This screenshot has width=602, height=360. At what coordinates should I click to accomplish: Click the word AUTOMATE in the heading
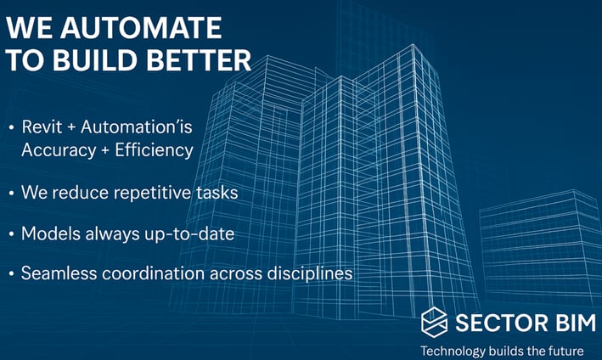(141, 28)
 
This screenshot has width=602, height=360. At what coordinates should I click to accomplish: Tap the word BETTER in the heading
(199, 60)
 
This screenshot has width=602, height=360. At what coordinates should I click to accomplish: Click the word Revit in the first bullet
(42, 127)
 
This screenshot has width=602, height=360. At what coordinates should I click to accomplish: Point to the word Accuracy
(59, 150)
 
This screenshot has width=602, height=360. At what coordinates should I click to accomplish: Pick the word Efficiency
(154, 150)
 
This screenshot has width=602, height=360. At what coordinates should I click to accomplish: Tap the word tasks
(217, 192)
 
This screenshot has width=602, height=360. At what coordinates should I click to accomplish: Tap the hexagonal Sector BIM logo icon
(434, 322)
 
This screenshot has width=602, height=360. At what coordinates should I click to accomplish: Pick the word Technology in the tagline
(453, 352)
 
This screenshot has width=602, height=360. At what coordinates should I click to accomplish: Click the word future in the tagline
(565, 351)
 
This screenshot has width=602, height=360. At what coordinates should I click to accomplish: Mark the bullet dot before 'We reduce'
(12, 193)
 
